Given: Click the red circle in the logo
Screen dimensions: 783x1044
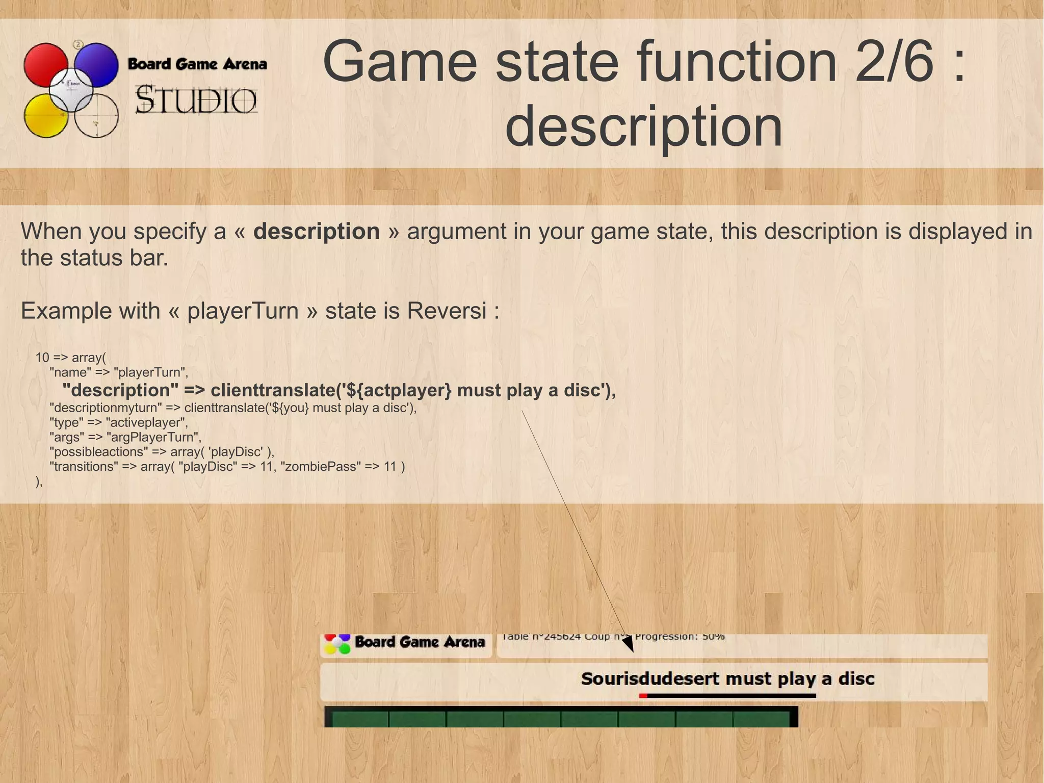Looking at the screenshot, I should [x=45, y=64].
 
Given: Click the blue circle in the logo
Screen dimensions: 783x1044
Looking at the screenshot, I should [x=97, y=64].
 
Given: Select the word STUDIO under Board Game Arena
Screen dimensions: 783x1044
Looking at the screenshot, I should [x=196, y=100].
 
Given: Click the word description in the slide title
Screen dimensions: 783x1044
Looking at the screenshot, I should [x=643, y=125].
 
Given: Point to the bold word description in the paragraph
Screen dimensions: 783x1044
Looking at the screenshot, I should [x=317, y=232].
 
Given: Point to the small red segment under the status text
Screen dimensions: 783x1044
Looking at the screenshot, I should [x=643, y=696].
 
